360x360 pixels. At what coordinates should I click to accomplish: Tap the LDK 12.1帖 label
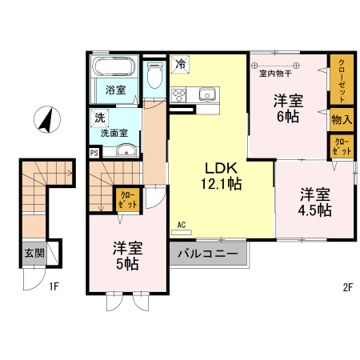coord(221,175)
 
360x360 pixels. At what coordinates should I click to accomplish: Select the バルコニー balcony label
coord(207,254)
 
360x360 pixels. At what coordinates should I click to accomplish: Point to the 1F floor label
coord(53,286)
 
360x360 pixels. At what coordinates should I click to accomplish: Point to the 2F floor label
coord(347,286)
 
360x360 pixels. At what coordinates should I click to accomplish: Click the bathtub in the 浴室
coord(114,69)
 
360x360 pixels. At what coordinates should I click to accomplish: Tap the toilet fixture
coord(155,74)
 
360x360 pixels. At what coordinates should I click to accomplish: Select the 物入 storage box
coord(341,118)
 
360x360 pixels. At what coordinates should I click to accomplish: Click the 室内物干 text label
coord(274,74)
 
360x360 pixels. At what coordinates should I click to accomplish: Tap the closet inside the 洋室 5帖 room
coord(129,198)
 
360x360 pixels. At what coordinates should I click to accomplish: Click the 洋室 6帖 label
coord(288,109)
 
